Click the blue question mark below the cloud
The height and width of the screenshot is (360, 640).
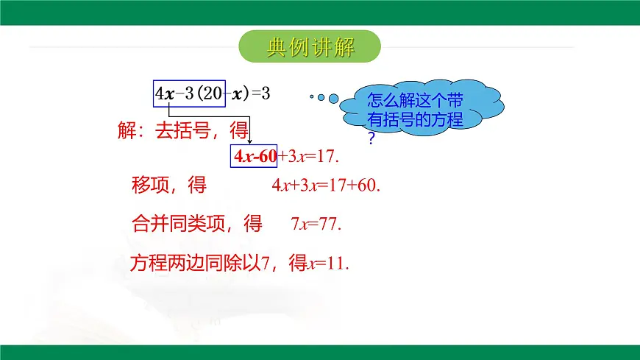371,138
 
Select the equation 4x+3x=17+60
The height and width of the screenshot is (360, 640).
325,186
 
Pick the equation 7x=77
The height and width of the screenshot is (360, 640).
317,224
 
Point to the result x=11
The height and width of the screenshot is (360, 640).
327,263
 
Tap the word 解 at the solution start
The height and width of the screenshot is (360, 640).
127,131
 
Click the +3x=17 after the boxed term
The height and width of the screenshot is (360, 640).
309,156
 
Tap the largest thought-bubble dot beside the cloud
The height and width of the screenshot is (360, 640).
333,98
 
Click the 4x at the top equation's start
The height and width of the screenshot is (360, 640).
165,93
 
